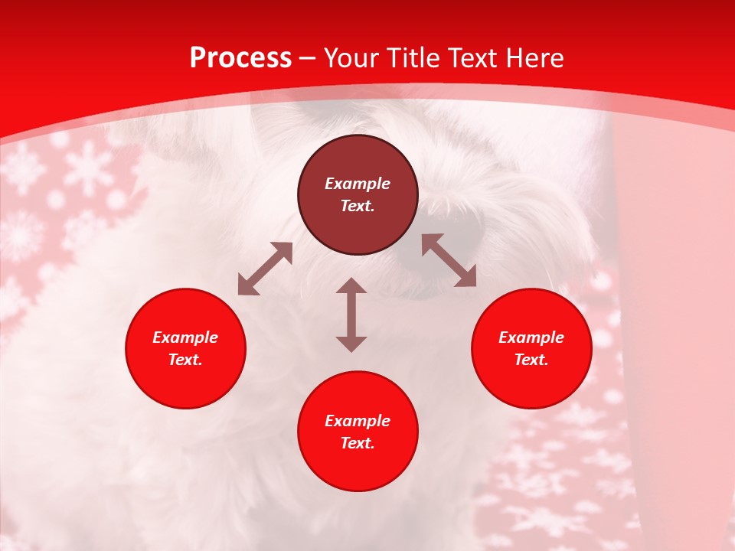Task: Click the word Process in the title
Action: (240, 58)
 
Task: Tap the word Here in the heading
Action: (534, 58)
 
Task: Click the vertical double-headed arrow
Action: (351, 315)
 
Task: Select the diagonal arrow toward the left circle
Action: (265, 269)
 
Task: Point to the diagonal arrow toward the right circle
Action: (449, 260)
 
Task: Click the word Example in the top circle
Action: (358, 184)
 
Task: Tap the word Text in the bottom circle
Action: (357, 443)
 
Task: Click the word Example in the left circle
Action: (185, 337)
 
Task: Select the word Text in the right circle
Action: (530, 360)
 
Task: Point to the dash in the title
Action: (308, 59)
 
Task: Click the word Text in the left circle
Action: (185, 360)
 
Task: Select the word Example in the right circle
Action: (531, 337)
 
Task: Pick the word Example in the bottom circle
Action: (358, 421)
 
